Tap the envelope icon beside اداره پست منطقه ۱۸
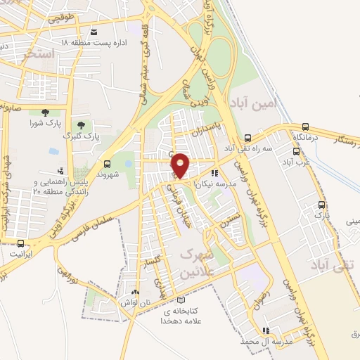pyautogui.click(x=94, y=32)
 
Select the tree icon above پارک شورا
pyautogui.click(x=45, y=112)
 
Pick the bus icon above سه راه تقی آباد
pyautogui.click(x=247, y=139)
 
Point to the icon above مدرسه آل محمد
pyautogui.click(x=265, y=330)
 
